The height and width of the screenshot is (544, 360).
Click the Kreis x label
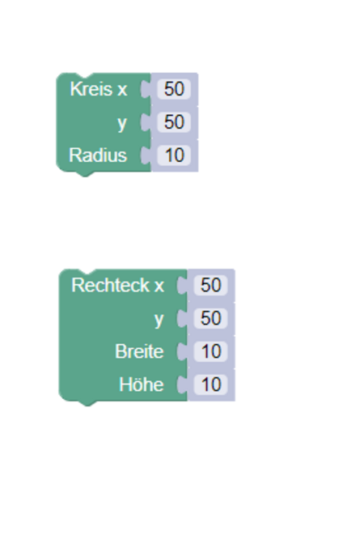(x=99, y=89)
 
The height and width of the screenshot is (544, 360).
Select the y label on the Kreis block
(x=122, y=124)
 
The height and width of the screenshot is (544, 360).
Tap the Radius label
(x=98, y=155)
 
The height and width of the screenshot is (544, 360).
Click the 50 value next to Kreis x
(x=174, y=89)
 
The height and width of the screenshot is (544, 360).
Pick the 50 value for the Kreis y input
(x=174, y=122)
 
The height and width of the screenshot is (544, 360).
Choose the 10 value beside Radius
(x=174, y=155)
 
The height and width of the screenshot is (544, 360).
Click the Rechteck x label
(x=117, y=285)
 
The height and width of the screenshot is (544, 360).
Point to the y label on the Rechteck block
(x=159, y=320)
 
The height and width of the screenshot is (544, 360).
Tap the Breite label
(x=139, y=351)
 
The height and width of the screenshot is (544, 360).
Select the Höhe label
(x=141, y=385)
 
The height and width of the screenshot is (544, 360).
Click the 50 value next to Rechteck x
(x=210, y=285)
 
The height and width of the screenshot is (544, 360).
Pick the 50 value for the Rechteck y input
(x=210, y=318)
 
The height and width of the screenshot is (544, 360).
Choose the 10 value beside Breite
(x=210, y=351)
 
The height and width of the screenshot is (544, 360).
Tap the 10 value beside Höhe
(x=210, y=385)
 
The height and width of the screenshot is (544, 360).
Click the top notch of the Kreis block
(x=85, y=75)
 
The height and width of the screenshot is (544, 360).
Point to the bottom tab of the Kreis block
(x=85, y=174)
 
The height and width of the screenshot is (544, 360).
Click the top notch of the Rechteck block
(x=87, y=271)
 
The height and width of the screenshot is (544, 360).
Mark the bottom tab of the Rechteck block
(x=87, y=403)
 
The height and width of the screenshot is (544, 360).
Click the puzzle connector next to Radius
(x=146, y=155)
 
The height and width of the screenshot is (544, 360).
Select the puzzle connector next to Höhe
(x=182, y=385)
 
